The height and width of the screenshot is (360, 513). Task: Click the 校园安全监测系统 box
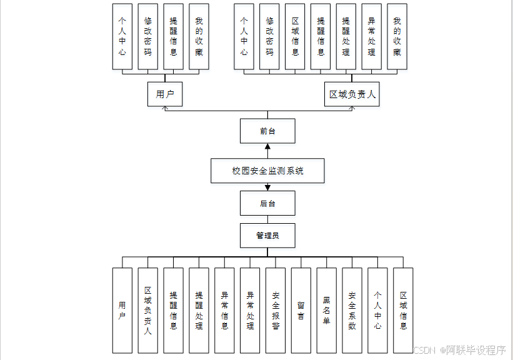267,171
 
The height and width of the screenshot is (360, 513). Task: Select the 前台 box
267,131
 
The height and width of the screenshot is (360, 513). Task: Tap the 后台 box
267,203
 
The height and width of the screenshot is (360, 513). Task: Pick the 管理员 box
267,236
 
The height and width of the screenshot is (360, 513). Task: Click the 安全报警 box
276,311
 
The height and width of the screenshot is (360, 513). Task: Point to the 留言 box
301,311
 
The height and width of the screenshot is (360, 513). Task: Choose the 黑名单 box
326,311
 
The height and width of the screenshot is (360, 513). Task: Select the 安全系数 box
352,311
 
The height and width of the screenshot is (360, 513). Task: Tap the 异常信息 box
224,311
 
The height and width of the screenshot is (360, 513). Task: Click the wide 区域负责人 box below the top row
352,95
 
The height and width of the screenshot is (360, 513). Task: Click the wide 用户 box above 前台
165,95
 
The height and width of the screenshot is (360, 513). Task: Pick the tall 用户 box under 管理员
122,311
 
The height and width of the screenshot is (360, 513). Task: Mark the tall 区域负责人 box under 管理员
148,311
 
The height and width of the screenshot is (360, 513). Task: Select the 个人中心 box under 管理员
377,311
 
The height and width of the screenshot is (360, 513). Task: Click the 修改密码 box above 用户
147,36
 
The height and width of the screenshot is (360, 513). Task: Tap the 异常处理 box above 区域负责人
372,36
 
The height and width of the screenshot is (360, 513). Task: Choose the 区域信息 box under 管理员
403,311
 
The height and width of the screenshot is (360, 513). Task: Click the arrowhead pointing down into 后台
267,187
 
